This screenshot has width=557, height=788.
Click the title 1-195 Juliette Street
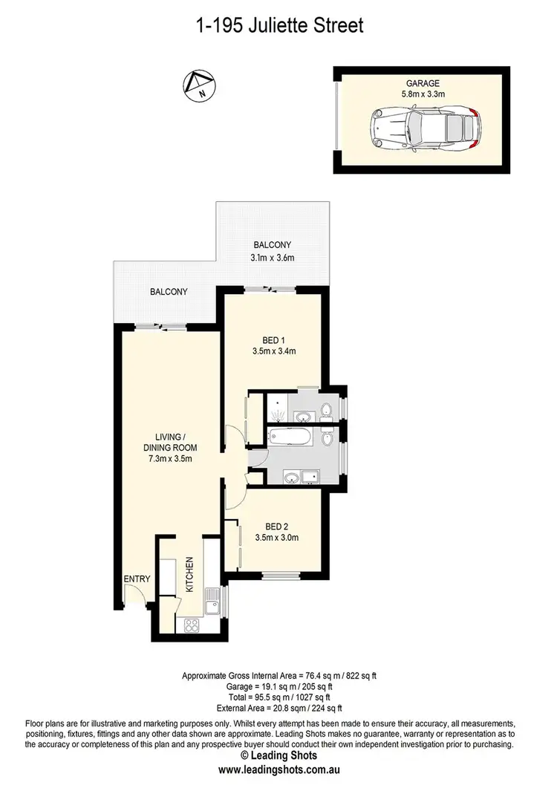[278, 27]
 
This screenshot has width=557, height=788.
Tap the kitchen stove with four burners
[190, 625]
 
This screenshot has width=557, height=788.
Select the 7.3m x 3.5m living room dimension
[171, 458]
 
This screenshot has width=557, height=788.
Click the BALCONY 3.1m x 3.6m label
[272, 251]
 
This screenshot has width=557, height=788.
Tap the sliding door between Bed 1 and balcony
[269, 289]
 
